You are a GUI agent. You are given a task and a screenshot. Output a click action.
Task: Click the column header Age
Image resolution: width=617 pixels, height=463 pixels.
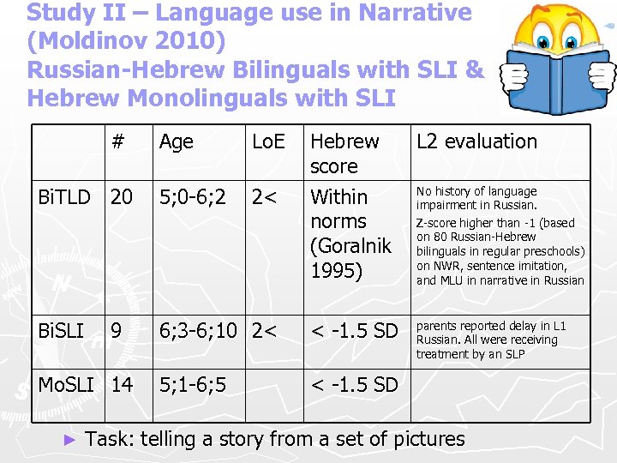click(176, 141)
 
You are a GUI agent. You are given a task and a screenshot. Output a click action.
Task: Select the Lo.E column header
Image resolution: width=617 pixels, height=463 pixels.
click(267, 141)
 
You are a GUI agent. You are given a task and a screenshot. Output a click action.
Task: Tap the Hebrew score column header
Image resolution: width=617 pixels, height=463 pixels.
click(344, 153)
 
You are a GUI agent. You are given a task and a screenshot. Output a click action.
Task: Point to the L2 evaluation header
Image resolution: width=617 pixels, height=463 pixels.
click(476, 141)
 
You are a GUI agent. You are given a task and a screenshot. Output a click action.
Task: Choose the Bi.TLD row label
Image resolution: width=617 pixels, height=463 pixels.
click(64, 197)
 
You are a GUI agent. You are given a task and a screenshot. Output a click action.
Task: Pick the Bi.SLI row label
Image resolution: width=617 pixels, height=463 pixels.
click(62, 330)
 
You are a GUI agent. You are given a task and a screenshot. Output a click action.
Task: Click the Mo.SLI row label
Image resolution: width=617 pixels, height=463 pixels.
click(66, 385)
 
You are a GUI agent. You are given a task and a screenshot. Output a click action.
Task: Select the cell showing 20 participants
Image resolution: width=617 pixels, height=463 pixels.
click(122, 197)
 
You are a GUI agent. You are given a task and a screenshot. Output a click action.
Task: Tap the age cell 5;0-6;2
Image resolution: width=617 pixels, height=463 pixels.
click(192, 197)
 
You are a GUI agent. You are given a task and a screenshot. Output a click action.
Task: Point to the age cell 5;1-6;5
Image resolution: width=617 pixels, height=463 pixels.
click(192, 385)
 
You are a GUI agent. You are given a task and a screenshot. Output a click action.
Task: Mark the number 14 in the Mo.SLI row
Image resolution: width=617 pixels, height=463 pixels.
click(122, 385)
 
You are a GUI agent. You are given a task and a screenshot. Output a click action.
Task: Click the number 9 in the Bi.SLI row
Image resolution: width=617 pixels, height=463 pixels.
click(116, 330)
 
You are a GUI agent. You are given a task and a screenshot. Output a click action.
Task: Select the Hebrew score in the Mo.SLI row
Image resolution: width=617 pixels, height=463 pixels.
click(354, 385)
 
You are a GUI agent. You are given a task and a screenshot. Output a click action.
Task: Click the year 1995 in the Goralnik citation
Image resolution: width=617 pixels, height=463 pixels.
click(337, 271)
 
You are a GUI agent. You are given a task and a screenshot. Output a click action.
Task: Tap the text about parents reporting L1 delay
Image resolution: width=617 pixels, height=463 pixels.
click(491, 340)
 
